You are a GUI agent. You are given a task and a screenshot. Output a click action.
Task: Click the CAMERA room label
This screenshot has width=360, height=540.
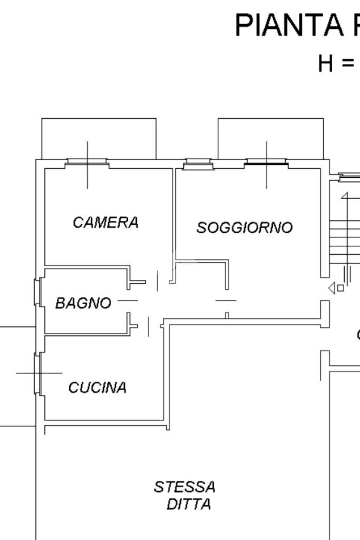click(105, 223)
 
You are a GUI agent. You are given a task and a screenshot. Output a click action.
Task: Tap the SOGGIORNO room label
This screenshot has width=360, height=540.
click(244, 227)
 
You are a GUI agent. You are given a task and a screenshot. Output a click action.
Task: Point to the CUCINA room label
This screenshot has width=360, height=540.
click(98, 388)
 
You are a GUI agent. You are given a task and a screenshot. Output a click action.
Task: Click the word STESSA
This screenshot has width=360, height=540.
click(184, 487)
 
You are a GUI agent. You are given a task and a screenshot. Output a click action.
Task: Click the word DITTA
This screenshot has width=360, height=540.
click(189, 505)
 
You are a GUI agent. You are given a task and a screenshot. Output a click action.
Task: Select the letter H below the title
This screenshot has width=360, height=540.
click(327, 63)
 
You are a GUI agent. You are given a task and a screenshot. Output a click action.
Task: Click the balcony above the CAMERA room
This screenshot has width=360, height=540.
click(99, 137)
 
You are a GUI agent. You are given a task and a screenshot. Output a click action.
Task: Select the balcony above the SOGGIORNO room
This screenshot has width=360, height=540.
click(270, 137)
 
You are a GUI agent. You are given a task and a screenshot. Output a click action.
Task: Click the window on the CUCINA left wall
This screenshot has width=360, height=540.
click(37, 373)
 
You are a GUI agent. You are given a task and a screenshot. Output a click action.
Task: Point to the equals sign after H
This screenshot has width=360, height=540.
click(347, 64)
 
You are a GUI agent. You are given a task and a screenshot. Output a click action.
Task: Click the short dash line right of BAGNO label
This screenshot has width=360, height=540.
click(127, 301)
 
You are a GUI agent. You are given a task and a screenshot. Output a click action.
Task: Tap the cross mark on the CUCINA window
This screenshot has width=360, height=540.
click(40, 373)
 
